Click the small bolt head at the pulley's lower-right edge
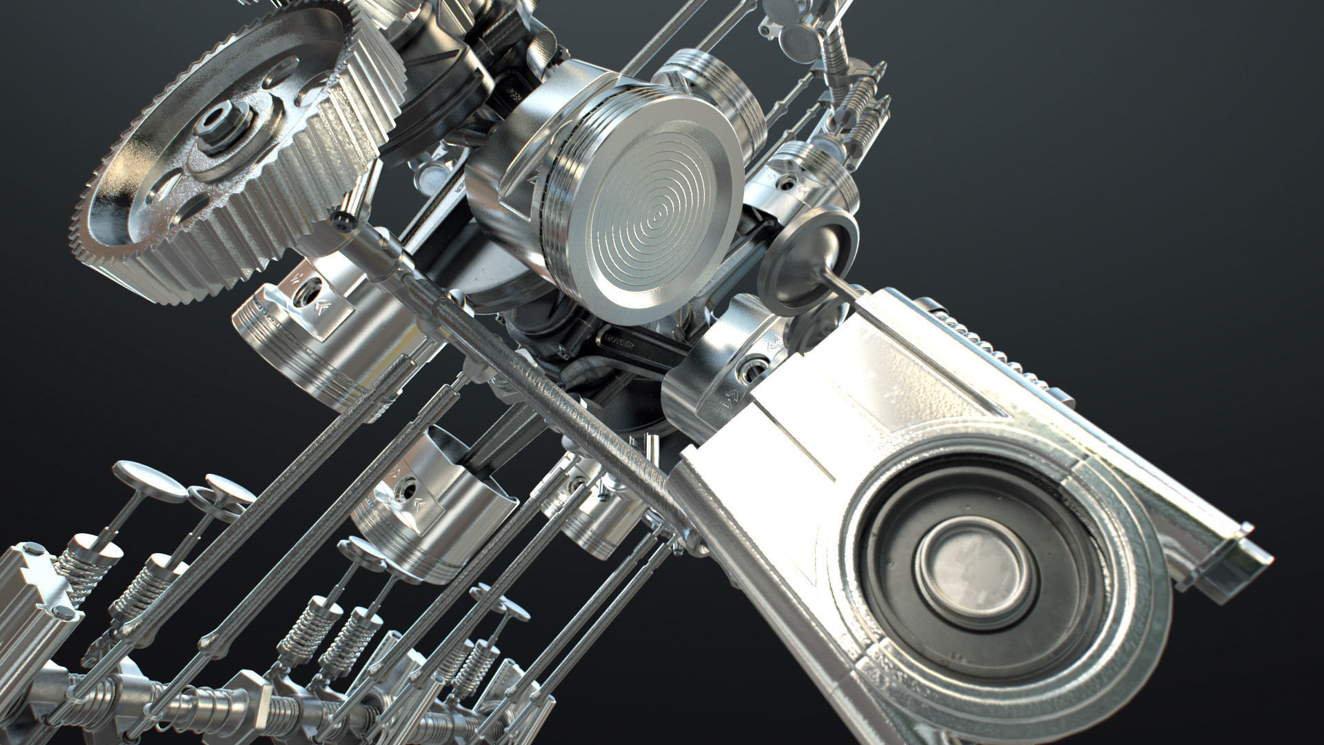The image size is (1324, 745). [x=341, y=220]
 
